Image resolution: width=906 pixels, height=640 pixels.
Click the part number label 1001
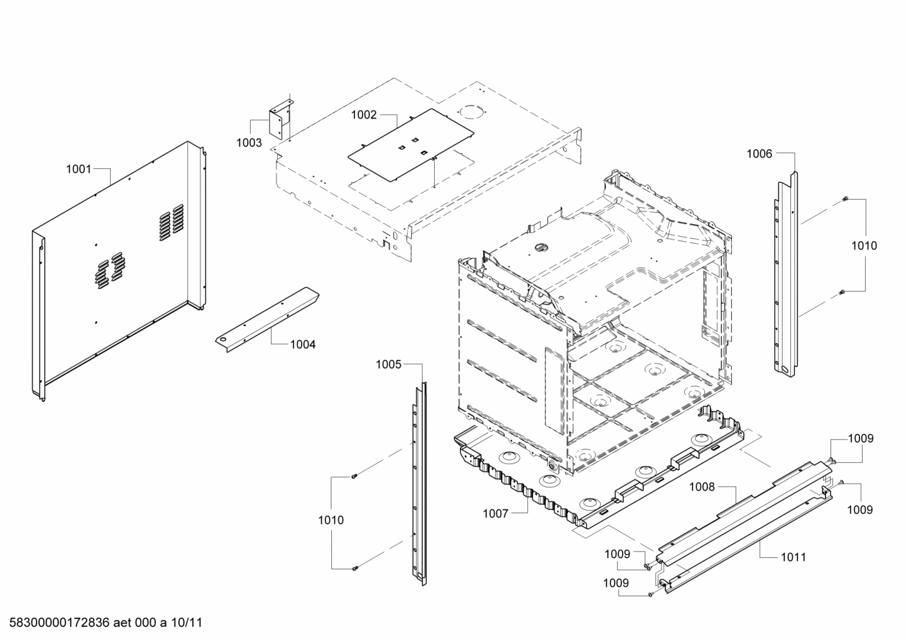click(79, 169)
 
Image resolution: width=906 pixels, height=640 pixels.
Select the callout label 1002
click(364, 115)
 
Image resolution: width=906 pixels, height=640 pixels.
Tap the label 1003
click(249, 143)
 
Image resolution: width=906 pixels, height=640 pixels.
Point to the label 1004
click(303, 344)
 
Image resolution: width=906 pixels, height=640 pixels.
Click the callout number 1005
click(388, 364)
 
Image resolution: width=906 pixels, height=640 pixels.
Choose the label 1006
click(759, 154)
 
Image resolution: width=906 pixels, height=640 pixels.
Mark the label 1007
click(495, 514)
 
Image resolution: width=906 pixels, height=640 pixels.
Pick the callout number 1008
click(702, 487)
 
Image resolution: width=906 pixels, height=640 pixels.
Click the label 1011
click(793, 557)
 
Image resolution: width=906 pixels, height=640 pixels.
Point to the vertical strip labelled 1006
click(787, 276)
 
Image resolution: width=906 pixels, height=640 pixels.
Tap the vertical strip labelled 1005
click(418, 484)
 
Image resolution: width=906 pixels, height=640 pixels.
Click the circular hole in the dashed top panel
click(472, 112)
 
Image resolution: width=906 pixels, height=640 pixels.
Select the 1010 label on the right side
click(864, 246)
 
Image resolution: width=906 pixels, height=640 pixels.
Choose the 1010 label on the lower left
click(330, 520)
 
